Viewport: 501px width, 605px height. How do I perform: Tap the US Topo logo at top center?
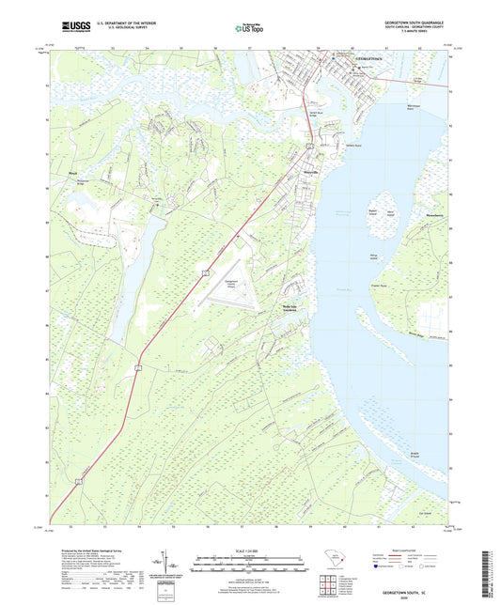tap(249, 28)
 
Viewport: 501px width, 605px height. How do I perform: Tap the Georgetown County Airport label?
tap(238, 283)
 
